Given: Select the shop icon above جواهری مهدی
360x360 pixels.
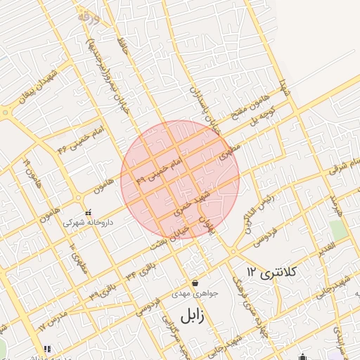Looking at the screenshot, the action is pyautogui.click(x=194, y=283).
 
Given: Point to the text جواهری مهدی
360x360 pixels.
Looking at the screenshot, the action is pyautogui.click(x=195, y=293).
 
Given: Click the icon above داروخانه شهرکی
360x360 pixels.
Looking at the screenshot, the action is pyautogui.click(x=88, y=212).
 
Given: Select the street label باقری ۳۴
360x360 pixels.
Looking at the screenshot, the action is pyautogui.click(x=140, y=270).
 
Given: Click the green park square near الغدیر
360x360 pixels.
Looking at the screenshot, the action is pyautogui.click(x=338, y=230).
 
